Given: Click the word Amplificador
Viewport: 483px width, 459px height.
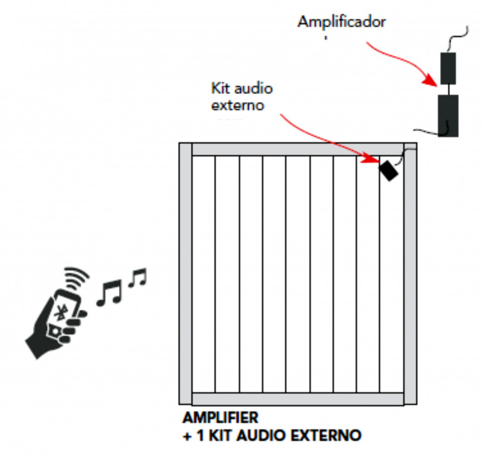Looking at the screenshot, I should click(x=341, y=22).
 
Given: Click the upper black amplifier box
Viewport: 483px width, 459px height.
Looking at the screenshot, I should click(x=448, y=68).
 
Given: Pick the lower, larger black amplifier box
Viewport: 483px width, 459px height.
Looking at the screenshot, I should click(x=447, y=115).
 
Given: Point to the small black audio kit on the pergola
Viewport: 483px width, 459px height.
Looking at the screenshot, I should click(x=388, y=170).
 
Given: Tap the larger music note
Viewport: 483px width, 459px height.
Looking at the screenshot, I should click(x=110, y=293).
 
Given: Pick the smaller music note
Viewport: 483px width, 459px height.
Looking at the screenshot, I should click(x=138, y=278).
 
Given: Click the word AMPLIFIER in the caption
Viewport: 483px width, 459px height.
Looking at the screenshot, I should click(x=220, y=417).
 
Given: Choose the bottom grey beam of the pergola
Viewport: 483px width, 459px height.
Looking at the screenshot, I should click(x=298, y=399).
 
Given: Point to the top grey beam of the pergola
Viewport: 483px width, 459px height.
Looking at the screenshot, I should click(x=298, y=149).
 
